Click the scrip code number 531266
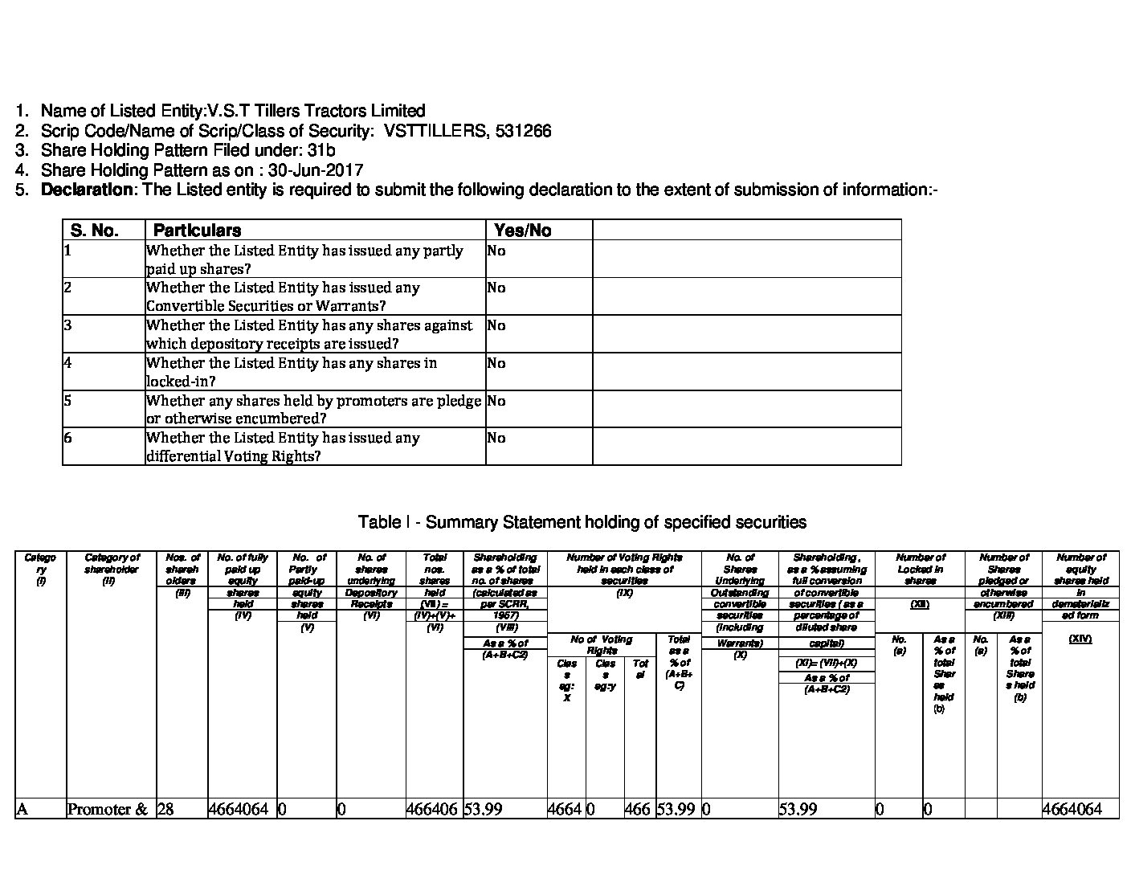524,131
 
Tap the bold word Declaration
87,190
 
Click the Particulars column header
197,231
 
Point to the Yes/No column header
523,231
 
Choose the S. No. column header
95,231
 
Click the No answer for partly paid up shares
496,251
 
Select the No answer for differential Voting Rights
496,438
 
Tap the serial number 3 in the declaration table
68,325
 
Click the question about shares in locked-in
292,372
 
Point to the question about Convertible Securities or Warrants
283,296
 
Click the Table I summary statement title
582,522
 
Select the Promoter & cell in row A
108,809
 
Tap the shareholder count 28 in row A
165,809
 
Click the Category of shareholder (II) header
111,569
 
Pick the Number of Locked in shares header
920,569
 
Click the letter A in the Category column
22,809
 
